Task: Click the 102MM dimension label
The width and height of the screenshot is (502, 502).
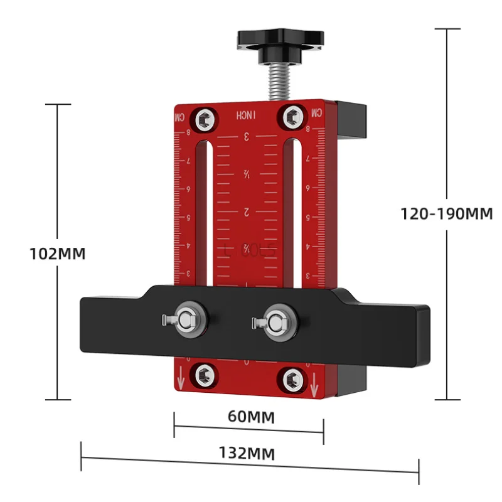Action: click(x=58, y=254)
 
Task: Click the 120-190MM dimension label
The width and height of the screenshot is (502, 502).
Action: click(x=447, y=213)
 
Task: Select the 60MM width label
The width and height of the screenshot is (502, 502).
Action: click(x=249, y=416)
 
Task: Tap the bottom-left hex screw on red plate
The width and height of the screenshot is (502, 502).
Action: click(x=203, y=375)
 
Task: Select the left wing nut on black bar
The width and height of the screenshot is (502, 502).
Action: click(x=185, y=319)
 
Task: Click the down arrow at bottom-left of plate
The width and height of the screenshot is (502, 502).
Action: click(x=180, y=379)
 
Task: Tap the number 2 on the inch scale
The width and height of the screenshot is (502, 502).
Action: click(x=247, y=211)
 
